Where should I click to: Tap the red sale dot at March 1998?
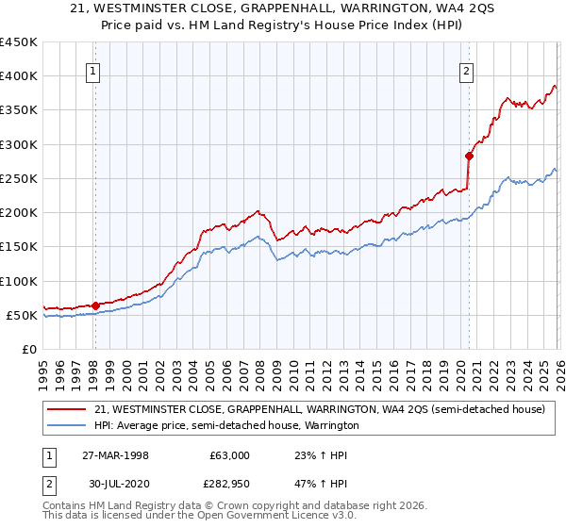point(95,305)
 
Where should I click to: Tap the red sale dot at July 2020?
point(469,156)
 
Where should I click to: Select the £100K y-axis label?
point(19,281)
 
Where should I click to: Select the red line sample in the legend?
point(67,410)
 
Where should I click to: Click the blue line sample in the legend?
point(67,426)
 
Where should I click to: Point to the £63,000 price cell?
point(229,455)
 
